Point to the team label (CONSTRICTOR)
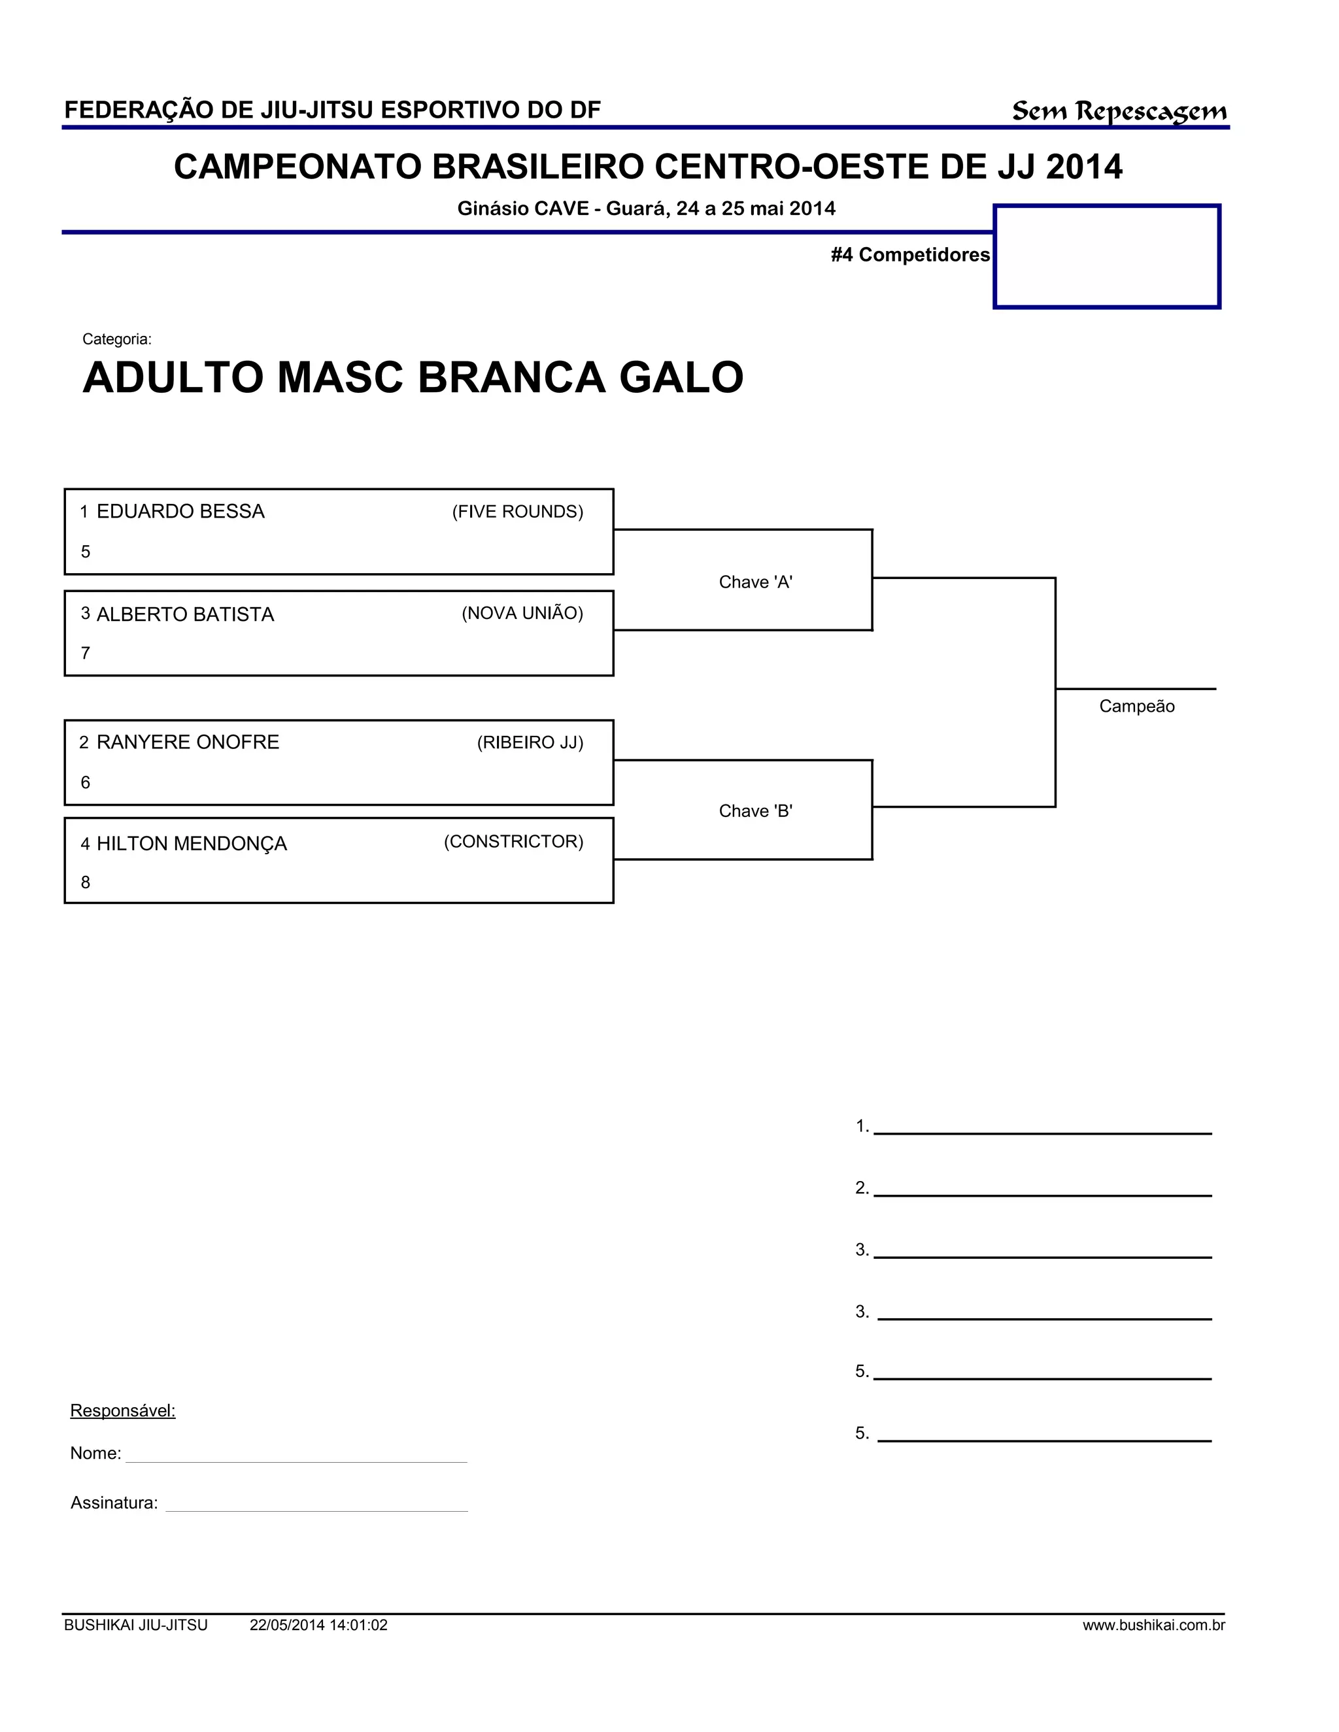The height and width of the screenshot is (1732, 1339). [x=513, y=841]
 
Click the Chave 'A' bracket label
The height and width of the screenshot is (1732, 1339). [x=755, y=582]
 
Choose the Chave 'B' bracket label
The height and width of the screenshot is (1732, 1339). [x=755, y=810]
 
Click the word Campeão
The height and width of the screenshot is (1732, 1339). [x=1136, y=707]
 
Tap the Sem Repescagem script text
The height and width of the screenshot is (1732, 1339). [x=1119, y=111]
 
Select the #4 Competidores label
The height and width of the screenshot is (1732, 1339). [x=910, y=254]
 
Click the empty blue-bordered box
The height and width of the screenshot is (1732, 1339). [x=1107, y=256]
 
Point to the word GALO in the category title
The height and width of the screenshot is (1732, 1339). [x=681, y=378]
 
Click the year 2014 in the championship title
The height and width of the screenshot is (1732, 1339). [x=1083, y=167]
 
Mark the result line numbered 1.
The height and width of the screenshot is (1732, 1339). [x=1042, y=1127]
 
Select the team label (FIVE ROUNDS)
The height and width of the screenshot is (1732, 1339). [x=517, y=512]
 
